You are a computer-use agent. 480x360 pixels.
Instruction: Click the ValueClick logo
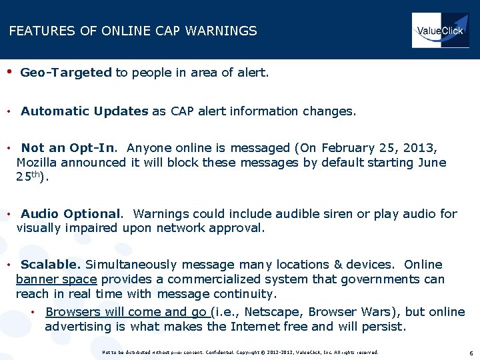click(440, 31)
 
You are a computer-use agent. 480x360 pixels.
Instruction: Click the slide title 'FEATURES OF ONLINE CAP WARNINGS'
click(133, 31)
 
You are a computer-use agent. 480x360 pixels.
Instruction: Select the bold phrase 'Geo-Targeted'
click(66, 73)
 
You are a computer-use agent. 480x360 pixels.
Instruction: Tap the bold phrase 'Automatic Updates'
click(85, 111)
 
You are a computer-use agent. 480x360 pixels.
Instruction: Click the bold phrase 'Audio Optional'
click(72, 214)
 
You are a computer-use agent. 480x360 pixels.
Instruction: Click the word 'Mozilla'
click(37, 163)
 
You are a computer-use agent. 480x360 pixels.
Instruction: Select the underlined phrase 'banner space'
click(57, 279)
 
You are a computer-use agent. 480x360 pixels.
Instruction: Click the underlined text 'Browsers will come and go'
click(127, 312)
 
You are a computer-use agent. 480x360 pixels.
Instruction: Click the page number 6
click(471, 353)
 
